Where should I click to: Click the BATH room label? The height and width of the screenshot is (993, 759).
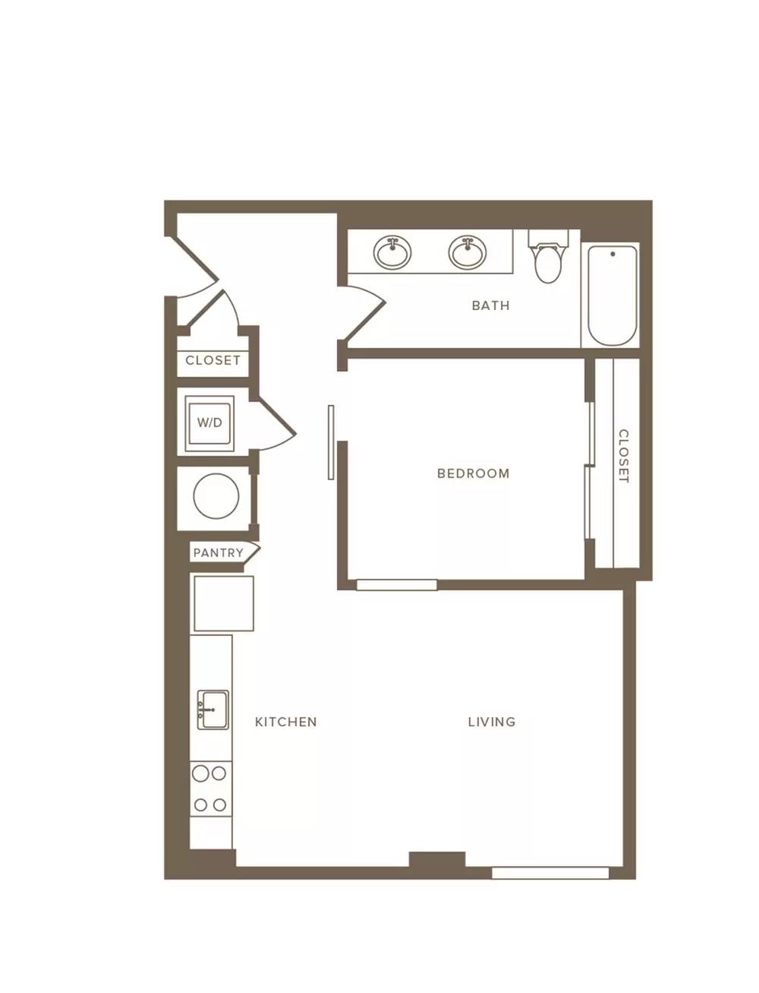point(490,306)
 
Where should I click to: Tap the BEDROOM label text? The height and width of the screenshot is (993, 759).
point(473,473)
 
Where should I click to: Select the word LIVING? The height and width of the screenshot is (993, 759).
point(492,722)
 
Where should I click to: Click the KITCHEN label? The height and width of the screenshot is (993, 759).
point(285,722)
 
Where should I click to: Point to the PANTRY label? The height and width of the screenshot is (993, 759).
point(219,553)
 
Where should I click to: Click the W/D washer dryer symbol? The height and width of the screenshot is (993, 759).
point(209,423)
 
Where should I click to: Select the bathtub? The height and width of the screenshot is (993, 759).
point(613,296)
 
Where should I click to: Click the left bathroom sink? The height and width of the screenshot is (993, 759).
point(392,252)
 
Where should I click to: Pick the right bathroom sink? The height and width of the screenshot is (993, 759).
point(468,252)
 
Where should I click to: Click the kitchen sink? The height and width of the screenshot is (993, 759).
point(213,710)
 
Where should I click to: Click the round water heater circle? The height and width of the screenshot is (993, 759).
point(216,496)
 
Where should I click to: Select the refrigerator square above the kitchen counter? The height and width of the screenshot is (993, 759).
point(224,603)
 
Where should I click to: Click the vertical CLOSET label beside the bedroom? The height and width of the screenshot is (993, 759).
point(623,456)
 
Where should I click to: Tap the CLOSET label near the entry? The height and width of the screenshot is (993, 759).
point(213,361)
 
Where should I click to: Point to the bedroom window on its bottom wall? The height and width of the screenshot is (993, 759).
point(397,585)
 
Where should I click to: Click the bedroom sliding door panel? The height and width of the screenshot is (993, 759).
point(331,442)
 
